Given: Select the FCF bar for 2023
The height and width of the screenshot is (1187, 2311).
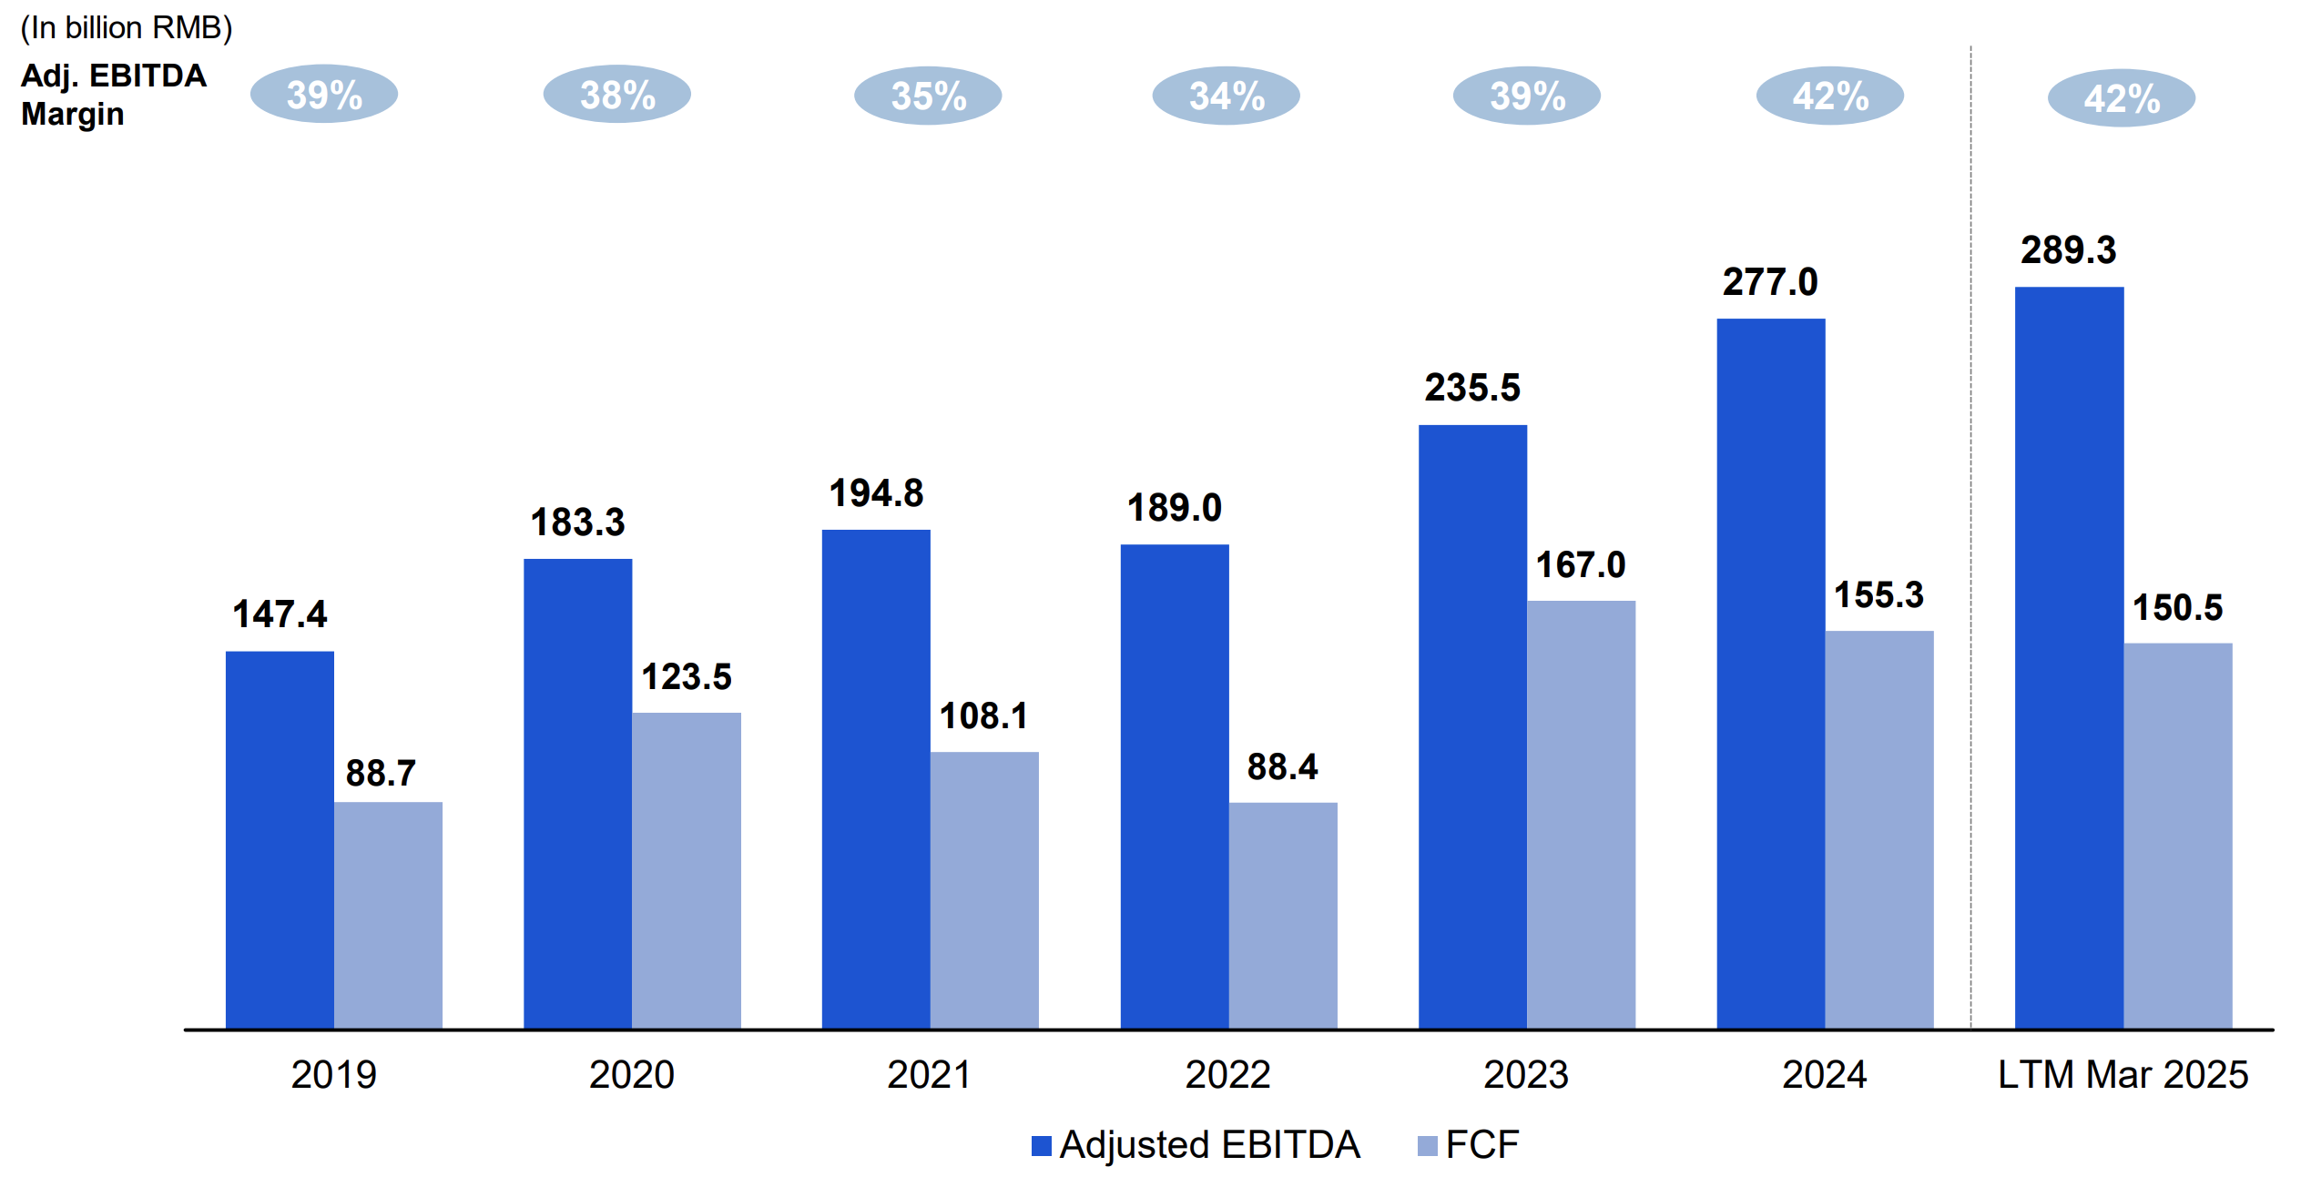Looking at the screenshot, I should pos(1581,814).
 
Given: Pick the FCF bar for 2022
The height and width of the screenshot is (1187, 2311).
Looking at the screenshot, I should pos(1283,915).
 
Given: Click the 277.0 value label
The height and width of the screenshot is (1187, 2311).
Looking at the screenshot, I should pos(1770,282).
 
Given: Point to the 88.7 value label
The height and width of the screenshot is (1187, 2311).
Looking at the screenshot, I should pos(381,774).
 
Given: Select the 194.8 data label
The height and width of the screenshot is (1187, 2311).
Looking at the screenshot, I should pos(876,493).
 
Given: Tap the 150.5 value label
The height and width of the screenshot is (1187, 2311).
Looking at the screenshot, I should pos(2177,608).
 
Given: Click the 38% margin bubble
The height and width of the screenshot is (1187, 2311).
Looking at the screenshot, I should pos(617,95).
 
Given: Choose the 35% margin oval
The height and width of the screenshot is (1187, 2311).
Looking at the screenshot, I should pos(928,96).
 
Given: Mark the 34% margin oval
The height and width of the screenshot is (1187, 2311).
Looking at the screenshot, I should pos(1227,96).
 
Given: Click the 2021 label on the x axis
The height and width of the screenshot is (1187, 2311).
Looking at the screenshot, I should pos(929,1075).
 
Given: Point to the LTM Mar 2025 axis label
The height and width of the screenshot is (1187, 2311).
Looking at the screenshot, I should pos(2123,1075).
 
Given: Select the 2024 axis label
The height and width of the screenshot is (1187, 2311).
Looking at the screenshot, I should pos(1824,1075).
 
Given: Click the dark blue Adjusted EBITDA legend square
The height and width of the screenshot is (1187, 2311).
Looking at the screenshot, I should pos(1042,1146).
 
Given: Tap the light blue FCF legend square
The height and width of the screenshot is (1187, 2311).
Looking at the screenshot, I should pos(1428,1146).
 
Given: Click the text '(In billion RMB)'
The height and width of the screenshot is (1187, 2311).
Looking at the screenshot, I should pos(127,28).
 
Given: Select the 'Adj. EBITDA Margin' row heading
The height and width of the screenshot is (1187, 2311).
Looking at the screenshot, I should pos(114,95).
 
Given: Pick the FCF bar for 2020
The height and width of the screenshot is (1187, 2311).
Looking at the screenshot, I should pos(687,870).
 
